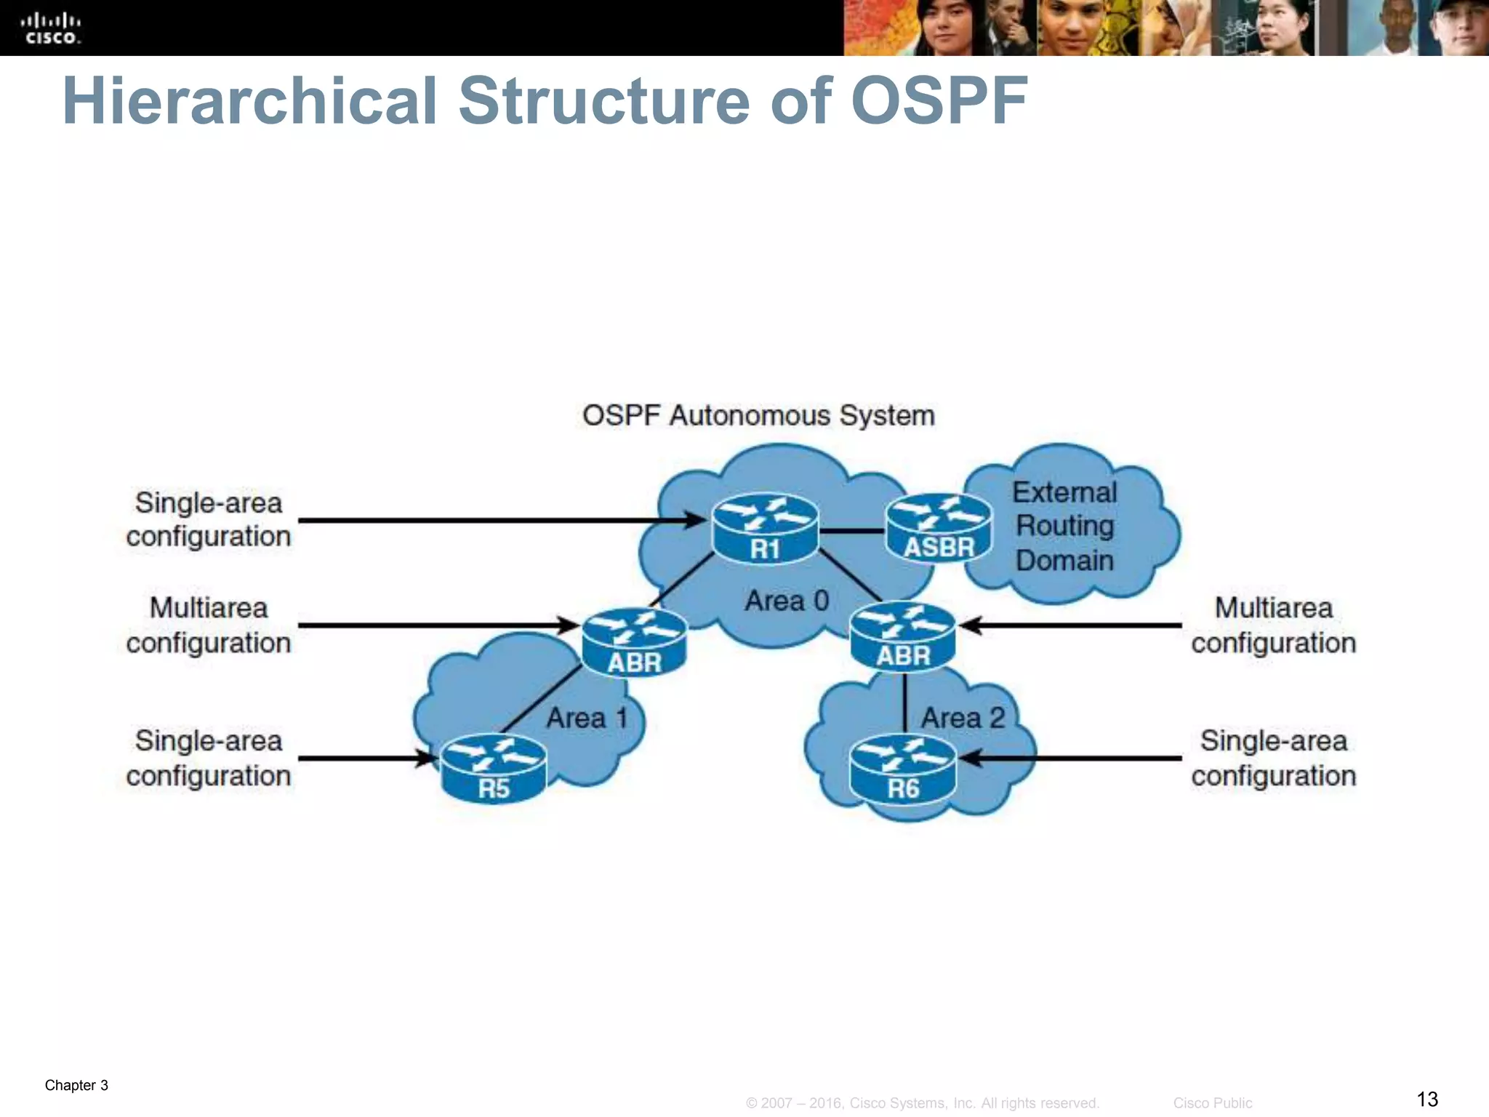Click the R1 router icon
765,529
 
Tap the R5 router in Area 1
493,769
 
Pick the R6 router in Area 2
902,769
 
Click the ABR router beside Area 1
634,642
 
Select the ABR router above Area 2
902,637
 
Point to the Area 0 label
787,601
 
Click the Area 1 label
586,718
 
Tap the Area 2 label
962,718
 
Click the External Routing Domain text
1064,526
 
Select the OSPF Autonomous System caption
758,415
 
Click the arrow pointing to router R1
502,520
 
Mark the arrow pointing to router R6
1069,758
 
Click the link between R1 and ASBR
851,531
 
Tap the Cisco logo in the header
51,28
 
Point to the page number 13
1426,1098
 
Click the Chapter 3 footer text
76,1085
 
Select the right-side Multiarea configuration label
1273,625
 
